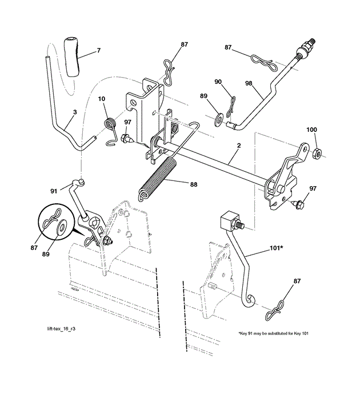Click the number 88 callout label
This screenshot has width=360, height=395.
click(x=193, y=184)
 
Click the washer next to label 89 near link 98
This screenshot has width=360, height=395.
click(x=218, y=120)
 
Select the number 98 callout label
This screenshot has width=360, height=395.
click(x=249, y=84)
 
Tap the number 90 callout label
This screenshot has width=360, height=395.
click(x=218, y=82)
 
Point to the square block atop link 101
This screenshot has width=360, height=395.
click(x=229, y=220)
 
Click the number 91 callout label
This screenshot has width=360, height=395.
click(x=53, y=191)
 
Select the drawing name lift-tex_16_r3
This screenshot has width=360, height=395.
click(x=61, y=329)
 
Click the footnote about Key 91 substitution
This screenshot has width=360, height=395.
click(x=273, y=333)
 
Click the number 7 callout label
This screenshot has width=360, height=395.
click(x=98, y=51)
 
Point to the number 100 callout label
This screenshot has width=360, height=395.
click(x=311, y=130)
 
